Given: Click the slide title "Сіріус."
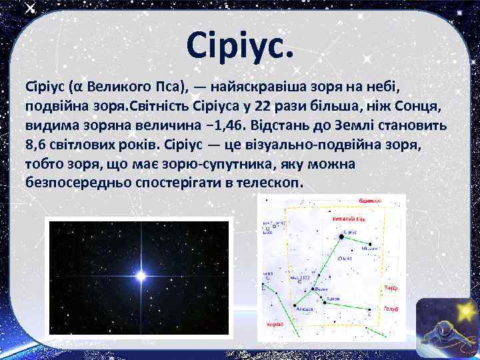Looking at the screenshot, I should point(241,45).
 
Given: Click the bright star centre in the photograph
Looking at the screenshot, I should point(141,274).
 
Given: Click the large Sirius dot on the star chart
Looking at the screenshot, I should point(341,236).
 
